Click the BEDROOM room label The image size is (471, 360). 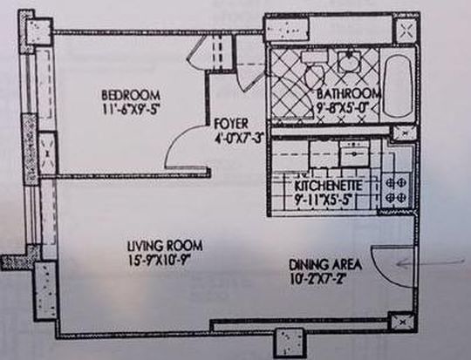coord(131,95)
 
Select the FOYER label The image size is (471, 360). coord(231,124)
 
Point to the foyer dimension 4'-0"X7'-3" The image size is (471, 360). coord(239,138)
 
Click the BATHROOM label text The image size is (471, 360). coord(349,93)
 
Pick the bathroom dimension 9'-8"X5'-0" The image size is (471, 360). coord(344,107)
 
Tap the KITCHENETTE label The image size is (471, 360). coord(329,186)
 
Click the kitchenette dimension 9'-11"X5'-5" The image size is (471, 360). coord(323,200)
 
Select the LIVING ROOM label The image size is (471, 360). coord(165,246)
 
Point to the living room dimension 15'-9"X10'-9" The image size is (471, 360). coord(160,260)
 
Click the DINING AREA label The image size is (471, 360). coord(325,265)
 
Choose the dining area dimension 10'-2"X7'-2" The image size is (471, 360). coord(317,279)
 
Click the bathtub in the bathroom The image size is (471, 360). coord(398,86)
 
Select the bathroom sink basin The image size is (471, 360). coord(350,62)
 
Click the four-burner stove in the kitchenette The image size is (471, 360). coord(395,190)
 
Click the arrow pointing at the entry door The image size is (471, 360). coord(431,262)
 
